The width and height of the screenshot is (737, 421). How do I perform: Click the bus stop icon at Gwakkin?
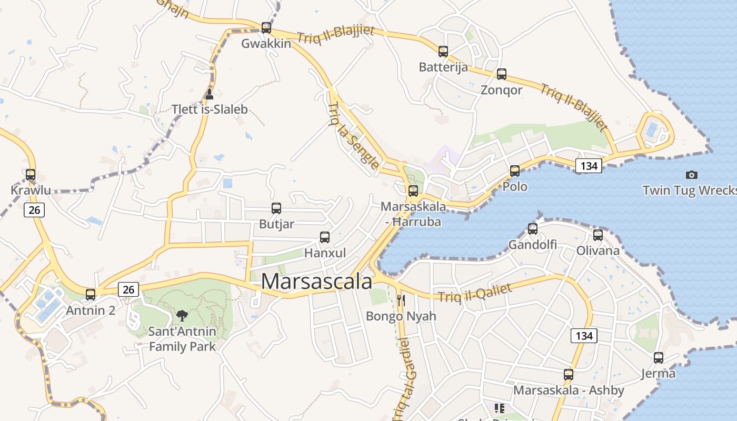tap(266, 28)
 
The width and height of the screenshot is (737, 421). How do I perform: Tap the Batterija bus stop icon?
tap(443, 52)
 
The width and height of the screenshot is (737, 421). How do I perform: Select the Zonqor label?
tap(501, 90)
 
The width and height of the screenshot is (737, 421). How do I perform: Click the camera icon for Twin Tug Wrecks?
tap(692, 175)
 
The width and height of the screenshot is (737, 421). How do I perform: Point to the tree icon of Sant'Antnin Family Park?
tap(182, 316)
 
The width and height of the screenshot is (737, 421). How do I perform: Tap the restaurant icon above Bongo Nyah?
tap(401, 300)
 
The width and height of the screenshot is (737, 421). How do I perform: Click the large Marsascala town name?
tap(316, 282)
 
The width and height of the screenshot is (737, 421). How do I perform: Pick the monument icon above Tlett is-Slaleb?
tap(210, 94)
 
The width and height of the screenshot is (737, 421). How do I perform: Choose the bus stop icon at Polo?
tap(515, 171)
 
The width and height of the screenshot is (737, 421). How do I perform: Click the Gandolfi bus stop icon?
tap(533, 229)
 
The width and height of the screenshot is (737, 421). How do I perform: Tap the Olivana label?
tap(598, 250)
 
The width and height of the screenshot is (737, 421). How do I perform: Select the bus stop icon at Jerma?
tap(659, 358)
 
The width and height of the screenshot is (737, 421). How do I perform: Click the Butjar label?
tap(276, 224)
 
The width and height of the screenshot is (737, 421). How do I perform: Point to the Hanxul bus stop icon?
tap(325, 237)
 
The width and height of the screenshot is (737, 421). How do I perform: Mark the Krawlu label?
tap(31, 190)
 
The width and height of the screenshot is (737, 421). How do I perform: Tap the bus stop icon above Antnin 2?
tap(91, 295)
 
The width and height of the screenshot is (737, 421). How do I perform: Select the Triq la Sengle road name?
tap(353, 136)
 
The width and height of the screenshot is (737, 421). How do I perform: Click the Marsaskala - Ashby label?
tap(569, 390)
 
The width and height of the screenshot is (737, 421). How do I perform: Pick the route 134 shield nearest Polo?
tap(589, 166)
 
